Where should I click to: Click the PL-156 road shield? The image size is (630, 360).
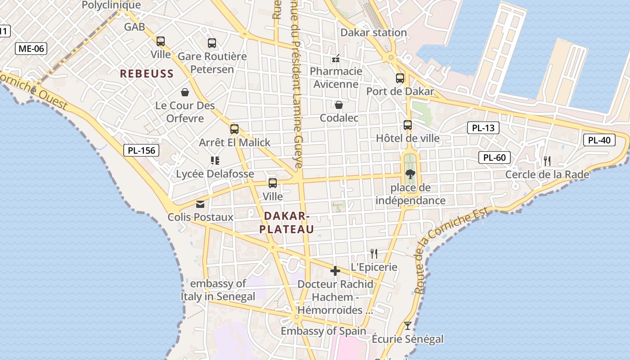click(x=142, y=150)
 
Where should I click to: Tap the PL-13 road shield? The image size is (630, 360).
click(x=483, y=128)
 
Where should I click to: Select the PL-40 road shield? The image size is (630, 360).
click(x=599, y=140)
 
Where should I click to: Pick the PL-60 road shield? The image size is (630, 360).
click(x=495, y=157)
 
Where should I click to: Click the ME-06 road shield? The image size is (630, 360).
click(x=31, y=49)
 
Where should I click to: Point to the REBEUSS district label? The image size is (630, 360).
click(x=147, y=74)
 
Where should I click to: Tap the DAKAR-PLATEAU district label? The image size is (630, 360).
click(x=287, y=223)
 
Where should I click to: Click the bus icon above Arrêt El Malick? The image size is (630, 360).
click(x=234, y=129)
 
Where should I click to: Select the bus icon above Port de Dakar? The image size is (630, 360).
click(x=400, y=78)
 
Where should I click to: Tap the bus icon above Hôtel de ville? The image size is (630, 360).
click(x=408, y=125)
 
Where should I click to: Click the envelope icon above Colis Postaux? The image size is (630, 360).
click(x=200, y=204)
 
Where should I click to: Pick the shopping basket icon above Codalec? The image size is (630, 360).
click(x=339, y=105)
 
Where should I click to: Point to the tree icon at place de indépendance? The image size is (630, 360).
click(x=409, y=174)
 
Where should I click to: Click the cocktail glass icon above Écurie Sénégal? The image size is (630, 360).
click(x=408, y=325)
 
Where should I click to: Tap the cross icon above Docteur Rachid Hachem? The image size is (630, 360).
click(x=335, y=271)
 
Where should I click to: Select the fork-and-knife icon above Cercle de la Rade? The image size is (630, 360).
click(x=547, y=161)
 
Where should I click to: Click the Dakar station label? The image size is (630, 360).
click(x=373, y=32)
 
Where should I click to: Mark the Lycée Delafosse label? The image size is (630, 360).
click(x=215, y=174)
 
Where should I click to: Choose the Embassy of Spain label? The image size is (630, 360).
click(x=324, y=331)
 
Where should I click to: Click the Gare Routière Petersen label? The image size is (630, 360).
click(x=212, y=63)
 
